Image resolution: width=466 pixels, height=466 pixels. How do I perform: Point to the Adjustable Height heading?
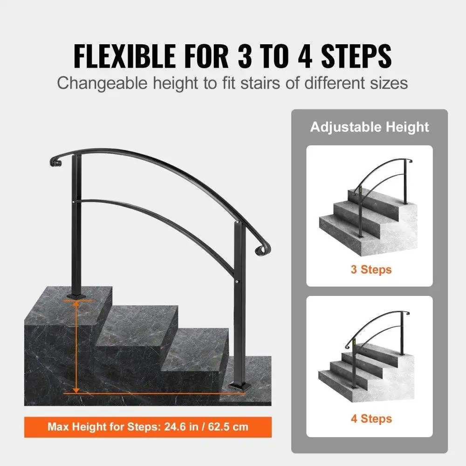tap(370, 127)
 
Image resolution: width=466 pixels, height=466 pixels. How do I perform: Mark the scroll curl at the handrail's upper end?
tap(56, 163)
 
